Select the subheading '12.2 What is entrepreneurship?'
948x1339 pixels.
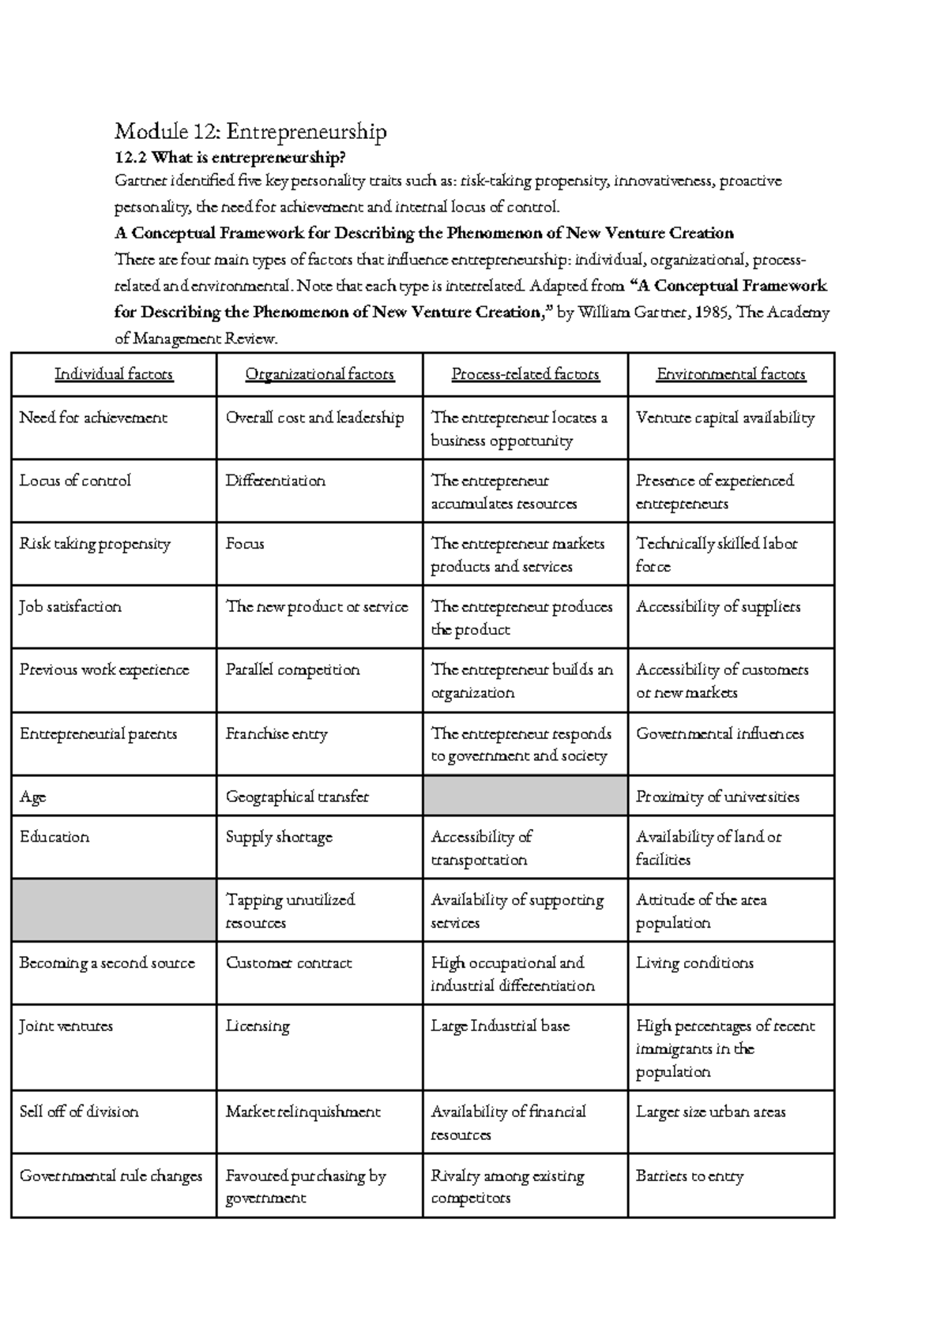pos(230,157)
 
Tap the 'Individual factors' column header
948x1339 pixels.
pos(114,374)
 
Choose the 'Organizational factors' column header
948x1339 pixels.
pos(319,374)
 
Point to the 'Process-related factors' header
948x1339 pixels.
pos(525,374)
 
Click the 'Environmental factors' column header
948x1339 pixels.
pos(731,374)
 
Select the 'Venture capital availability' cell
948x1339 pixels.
pos(725,418)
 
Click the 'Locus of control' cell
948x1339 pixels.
pos(75,481)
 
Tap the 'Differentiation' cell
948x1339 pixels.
pos(275,481)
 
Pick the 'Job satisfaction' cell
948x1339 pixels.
pos(70,607)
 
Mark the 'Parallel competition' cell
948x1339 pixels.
pos(292,670)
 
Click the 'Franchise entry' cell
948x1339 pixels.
pos(276,733)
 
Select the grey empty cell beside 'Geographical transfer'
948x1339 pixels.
pos(525,796)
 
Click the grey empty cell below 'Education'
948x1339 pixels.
pos(114,910)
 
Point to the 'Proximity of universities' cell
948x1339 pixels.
pos(717,797)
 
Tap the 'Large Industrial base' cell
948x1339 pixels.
pos(500,1026)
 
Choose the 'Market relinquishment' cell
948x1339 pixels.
pos(303,1112)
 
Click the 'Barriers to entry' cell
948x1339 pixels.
pos(690,1176)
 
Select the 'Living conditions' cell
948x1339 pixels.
pos(694,963)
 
